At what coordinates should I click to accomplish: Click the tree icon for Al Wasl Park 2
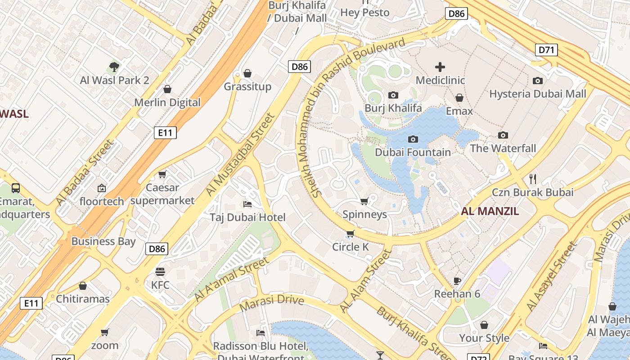point(114,67)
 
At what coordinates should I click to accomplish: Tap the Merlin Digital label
point(167,103)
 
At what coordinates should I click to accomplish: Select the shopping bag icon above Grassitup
point(247,73)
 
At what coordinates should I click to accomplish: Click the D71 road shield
point(546,49)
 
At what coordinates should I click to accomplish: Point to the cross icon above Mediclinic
point(440,67)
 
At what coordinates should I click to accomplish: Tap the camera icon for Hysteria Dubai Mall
point(537,81)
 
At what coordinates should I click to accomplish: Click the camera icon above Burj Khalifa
point(393,95)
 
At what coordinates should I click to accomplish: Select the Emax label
point(459,111)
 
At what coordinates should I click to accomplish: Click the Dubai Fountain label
point(413,153)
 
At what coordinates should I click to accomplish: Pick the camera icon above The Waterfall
point(503,135)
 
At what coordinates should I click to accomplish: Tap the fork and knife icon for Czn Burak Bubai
point(533,179)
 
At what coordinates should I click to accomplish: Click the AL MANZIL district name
point(490,211)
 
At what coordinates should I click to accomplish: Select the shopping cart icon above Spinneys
point(364,201)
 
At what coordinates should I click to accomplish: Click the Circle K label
point(350,247)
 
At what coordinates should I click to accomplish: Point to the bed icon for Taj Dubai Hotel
point(247,204)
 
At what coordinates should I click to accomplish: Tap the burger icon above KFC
point(160,271)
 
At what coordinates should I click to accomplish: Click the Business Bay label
point(103,241)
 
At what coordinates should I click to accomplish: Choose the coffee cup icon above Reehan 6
point(457,281)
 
